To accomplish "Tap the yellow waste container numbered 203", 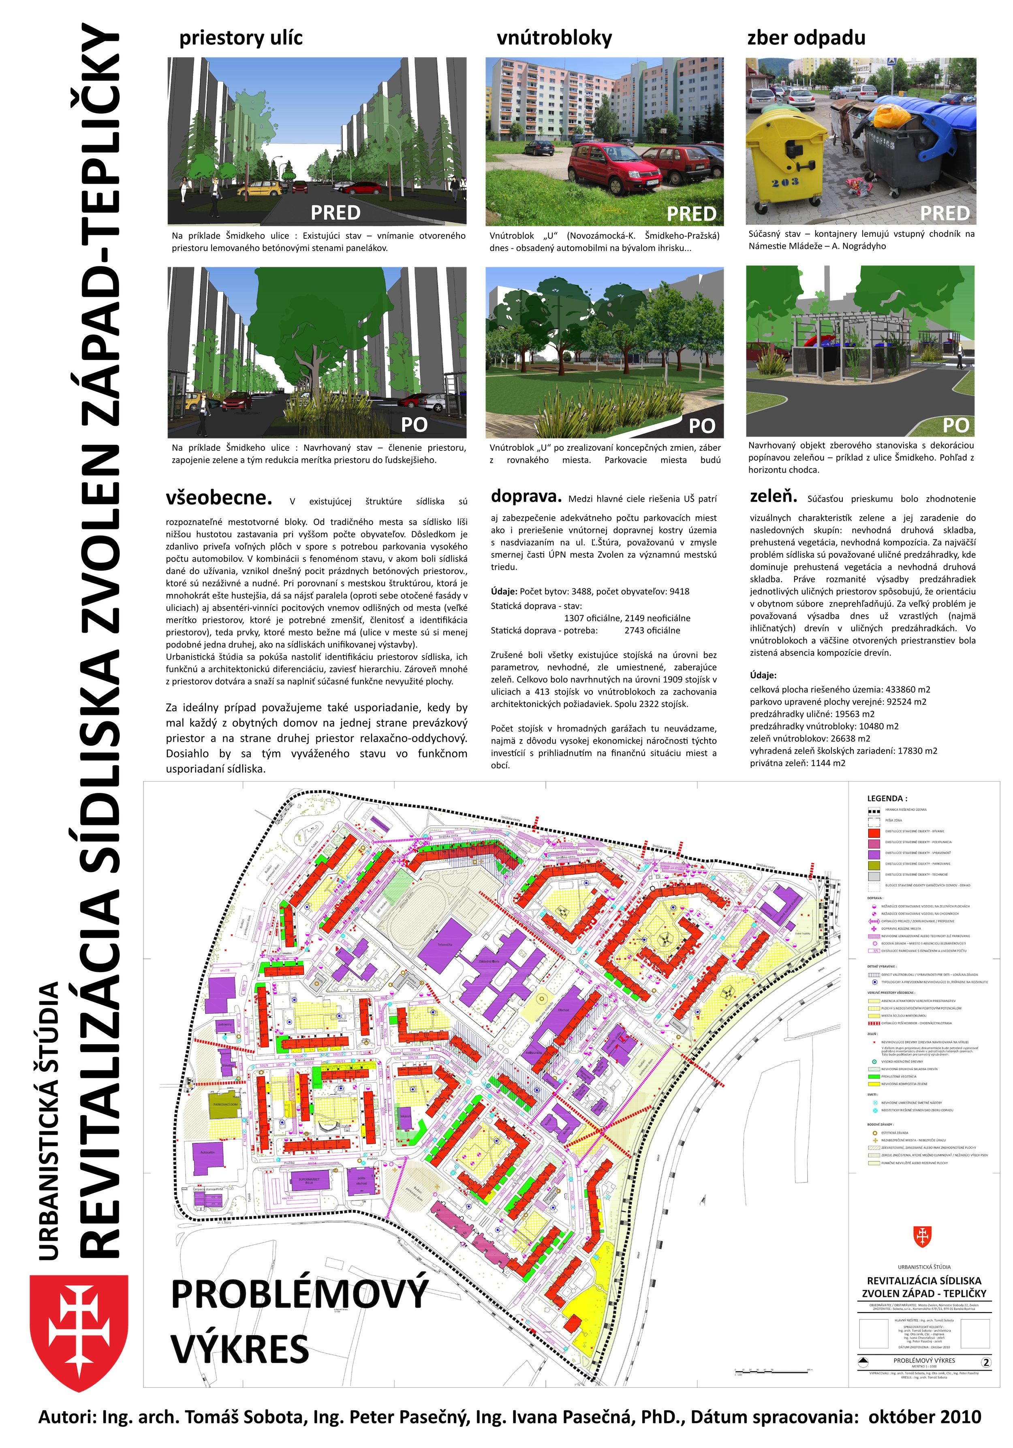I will coord(785,158).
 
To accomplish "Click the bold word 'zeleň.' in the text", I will coord(774,496).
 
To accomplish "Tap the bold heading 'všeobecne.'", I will coord(219,498).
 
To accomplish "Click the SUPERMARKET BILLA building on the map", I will coord(309,1181).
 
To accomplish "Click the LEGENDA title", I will coord(887,798).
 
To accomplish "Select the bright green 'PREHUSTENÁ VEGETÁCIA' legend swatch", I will coord(873,1077).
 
